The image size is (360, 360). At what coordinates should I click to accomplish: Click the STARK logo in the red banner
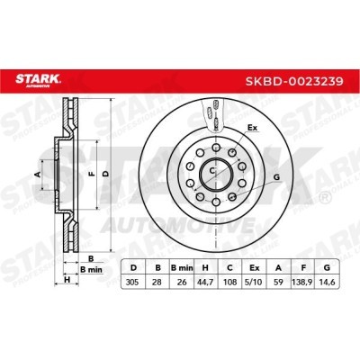(38, 81)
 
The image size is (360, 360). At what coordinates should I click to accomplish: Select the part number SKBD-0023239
(294, 81)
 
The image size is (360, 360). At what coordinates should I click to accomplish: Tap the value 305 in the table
(132, 283)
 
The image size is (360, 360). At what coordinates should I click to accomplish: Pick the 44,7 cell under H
(205, 283)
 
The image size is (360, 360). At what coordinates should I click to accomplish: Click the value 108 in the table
(229, 283)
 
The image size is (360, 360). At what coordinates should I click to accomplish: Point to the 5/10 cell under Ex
(254, 283)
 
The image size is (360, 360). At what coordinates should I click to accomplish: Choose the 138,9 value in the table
(303, 283)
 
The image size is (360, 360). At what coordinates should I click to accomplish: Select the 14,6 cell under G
(327, 283)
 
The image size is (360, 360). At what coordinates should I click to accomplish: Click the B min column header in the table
(182, 268)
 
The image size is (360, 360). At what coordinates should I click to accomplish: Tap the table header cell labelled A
(279, 268)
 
